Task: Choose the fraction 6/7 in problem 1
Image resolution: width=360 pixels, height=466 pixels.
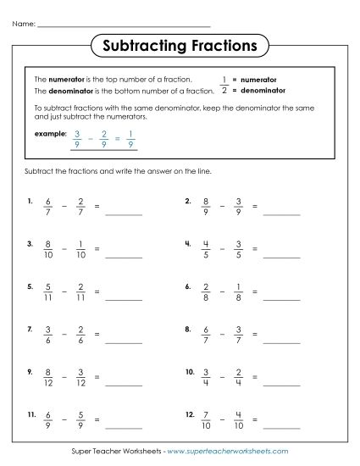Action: click(x=48, y=208)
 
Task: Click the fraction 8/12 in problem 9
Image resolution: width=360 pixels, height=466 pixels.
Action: click(x=48, y=375)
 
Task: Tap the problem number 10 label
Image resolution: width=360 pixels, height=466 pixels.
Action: click(x=189, y=371)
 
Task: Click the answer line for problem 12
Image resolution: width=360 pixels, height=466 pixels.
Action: click(x=282, y=424)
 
